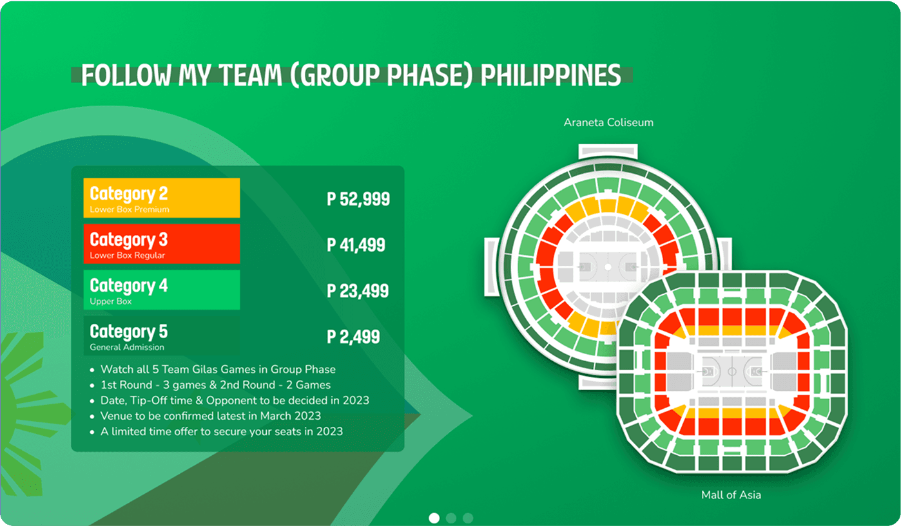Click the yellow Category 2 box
(161, 198)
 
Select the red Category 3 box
(161, 243)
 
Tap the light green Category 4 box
(161, 290)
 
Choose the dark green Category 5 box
(161, 335)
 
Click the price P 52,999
(358, 199)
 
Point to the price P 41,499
(356, 245)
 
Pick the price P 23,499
(358, 291)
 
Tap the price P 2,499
(353, 337)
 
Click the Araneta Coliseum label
(608, 122)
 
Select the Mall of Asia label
(731, 495)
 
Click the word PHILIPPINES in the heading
(551, 75)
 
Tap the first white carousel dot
(434, 518)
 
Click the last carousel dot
(468, 518)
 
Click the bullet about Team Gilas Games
(218, 370)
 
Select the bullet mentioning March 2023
(210, 416)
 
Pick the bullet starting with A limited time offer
(221, 431)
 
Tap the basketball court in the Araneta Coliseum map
(608, 266)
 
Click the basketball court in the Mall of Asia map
(731, 371)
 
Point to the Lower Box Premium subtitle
(130, 210)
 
